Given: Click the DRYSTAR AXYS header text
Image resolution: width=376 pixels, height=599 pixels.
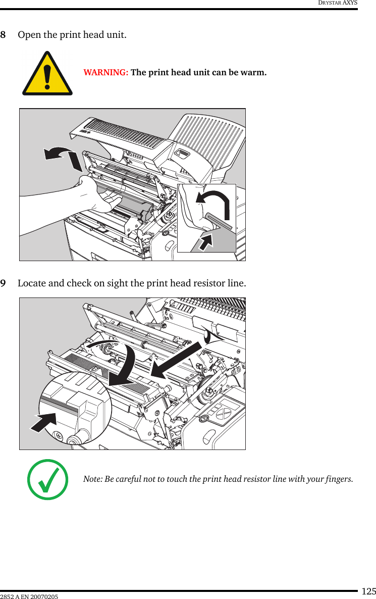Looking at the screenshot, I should coord(337,3).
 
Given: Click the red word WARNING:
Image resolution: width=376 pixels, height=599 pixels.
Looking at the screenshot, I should coord(105,72).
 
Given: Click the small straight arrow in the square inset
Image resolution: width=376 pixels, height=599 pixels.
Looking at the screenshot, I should coord(205,241).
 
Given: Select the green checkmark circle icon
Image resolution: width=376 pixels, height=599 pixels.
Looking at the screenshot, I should coord(47,479).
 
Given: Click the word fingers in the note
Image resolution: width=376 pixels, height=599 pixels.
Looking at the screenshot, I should coord(339,479).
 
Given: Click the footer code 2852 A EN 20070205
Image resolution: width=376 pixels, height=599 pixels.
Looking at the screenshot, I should coord(29,596).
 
